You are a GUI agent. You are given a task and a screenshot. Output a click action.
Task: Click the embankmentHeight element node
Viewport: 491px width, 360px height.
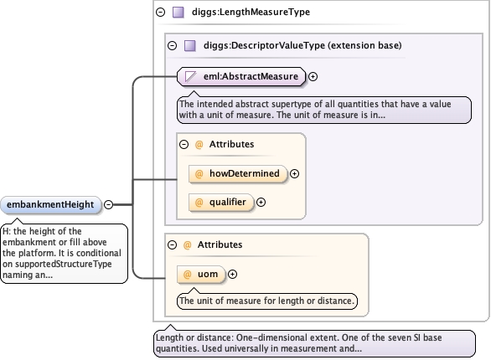click(51, 205)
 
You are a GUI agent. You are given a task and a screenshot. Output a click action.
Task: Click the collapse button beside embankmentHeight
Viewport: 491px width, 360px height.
click(108, 204)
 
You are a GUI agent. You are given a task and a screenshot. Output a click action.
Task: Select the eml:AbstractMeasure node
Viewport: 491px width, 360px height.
click(240, 76)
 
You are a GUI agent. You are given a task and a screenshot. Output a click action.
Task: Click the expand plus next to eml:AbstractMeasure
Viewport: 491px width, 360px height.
click(313, 76)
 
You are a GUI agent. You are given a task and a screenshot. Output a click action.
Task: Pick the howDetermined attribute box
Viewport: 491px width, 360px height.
click(238, 173)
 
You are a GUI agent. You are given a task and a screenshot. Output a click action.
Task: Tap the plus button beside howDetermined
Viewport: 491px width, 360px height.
click(294, 173)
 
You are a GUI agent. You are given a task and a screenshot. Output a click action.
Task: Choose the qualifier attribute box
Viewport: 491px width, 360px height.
click(220, 203)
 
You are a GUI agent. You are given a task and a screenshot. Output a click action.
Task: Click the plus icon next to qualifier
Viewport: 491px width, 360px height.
click(261, 203)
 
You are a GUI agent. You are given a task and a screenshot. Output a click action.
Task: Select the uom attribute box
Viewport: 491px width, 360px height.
click(201, 275)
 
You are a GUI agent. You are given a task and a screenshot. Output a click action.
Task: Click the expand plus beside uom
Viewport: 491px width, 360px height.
click(232, 275)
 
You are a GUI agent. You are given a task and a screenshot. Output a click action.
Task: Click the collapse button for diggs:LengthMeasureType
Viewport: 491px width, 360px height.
click(161, 13)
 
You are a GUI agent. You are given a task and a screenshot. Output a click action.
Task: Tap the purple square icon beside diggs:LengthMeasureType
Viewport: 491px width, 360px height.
click(178, 13)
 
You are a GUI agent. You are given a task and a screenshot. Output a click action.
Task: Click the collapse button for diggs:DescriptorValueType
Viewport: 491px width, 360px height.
click(173, 46)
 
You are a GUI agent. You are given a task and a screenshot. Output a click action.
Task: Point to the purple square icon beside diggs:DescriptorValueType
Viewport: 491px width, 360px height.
click(190, 46)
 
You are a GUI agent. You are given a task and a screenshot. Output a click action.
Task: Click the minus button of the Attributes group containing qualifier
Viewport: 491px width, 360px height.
click(184, 144)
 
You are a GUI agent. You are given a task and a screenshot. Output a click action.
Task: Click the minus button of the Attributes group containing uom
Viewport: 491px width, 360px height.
click(173, 244)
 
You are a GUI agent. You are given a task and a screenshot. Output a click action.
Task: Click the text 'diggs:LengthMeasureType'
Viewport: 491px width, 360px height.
click(251, 12)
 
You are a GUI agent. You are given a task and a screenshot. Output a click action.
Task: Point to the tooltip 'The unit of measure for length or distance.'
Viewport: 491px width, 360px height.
click(267, 301)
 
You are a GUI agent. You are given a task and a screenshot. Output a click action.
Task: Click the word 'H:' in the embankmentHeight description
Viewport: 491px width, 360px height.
click(7, 231)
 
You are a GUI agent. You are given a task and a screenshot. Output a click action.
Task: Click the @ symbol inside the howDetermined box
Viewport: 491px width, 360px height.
click(199, 174)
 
